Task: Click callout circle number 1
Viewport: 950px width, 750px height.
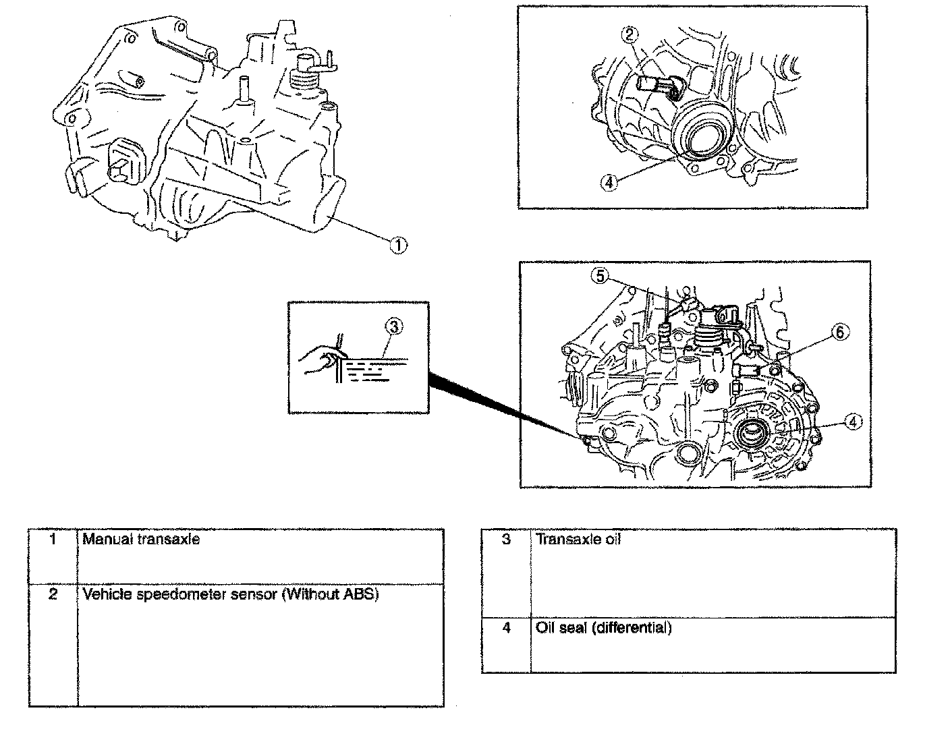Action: [398, 246]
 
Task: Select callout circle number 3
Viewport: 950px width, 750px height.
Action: [393, 327]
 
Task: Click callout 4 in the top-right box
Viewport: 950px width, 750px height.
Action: [609, 182]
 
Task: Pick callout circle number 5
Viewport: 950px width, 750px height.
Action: [600, 275]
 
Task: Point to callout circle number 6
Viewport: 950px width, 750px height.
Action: [839, 332]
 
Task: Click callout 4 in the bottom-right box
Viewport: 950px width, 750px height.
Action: [853, 422]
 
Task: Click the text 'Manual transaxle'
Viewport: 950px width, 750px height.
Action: [141, 540]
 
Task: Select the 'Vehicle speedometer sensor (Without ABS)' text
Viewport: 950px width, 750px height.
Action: [230, 595]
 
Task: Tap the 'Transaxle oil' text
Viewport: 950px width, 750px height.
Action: [578, 540]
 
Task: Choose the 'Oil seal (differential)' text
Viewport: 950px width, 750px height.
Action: [603, 629]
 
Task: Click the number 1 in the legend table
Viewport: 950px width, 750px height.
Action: [53, 540]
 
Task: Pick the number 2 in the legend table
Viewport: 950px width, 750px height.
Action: [53, 595]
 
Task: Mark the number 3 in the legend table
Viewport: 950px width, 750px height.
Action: [506, 540]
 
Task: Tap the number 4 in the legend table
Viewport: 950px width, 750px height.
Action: [506, 629]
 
